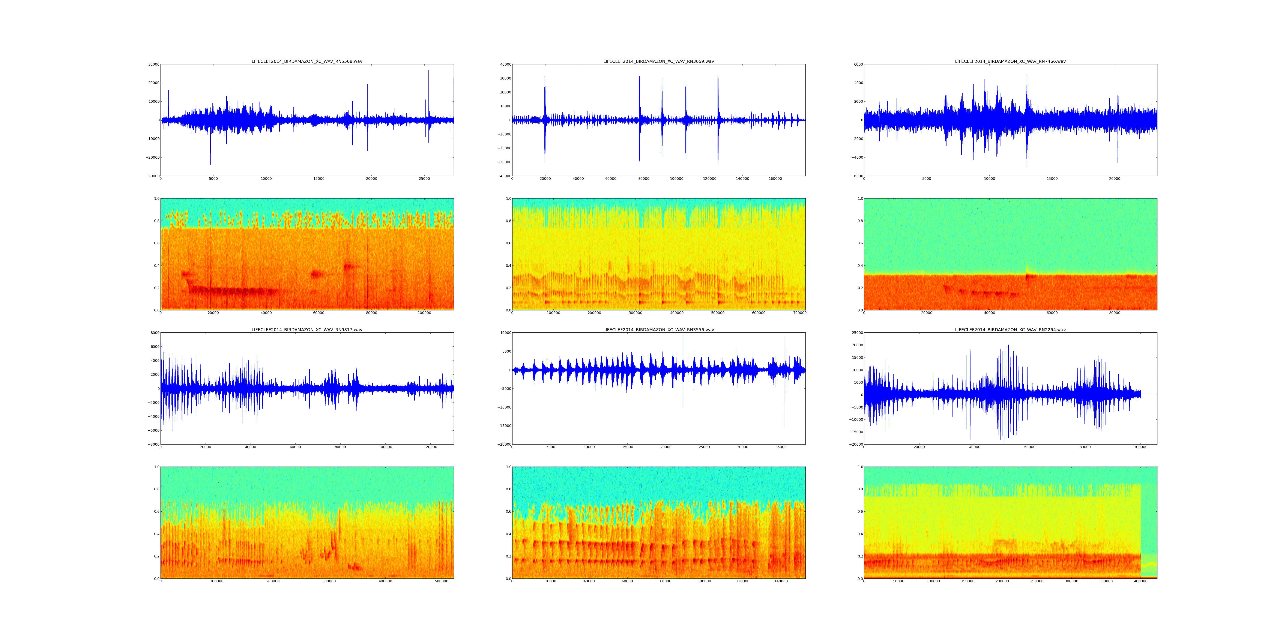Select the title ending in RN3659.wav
point(658,61)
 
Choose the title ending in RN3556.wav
point(658,330)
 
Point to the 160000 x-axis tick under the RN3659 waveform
point(775,179)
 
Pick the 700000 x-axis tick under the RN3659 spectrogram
point(800,313)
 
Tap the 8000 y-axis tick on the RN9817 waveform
point(154,333)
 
